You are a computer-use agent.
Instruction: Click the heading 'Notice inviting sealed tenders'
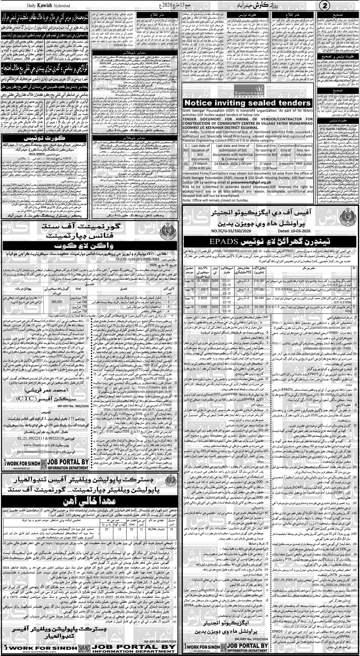click(x=247, y=103)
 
